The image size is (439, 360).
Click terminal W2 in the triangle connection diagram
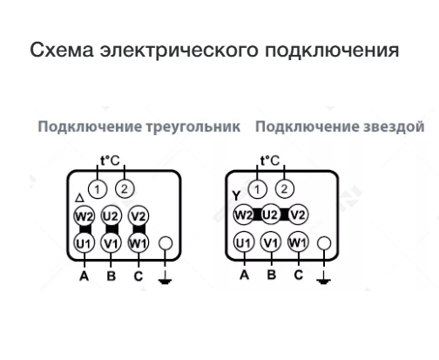click(x=84, y=216)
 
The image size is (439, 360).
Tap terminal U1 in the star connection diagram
click(x=244, y=242)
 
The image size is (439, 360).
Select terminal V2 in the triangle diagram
click(x=138, y=216)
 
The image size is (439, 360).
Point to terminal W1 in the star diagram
click(x=298, y=242)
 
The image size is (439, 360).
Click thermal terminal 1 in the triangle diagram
click(x=98, y=189)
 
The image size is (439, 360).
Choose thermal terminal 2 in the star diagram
click(x=285, y=189)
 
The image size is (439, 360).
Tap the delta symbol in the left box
click(x=79, y=198)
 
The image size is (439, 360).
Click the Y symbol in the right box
click(x=236, y=195)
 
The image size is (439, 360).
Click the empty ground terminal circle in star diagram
click(x=324, y=243)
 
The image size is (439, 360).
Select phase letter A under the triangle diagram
click(x=84, y=275)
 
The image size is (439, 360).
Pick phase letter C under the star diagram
click(x=299, y=275)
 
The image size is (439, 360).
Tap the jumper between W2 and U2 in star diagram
click(x=257, y=214)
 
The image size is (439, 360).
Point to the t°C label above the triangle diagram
click(x=110, y=160)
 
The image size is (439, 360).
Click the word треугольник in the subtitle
click(x=192, y=126)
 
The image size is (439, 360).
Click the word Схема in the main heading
click(x=62, y=50)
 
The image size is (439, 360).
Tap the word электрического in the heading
click(x=179, y=50)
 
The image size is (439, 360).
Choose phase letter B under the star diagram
click(x=272, y=275)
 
